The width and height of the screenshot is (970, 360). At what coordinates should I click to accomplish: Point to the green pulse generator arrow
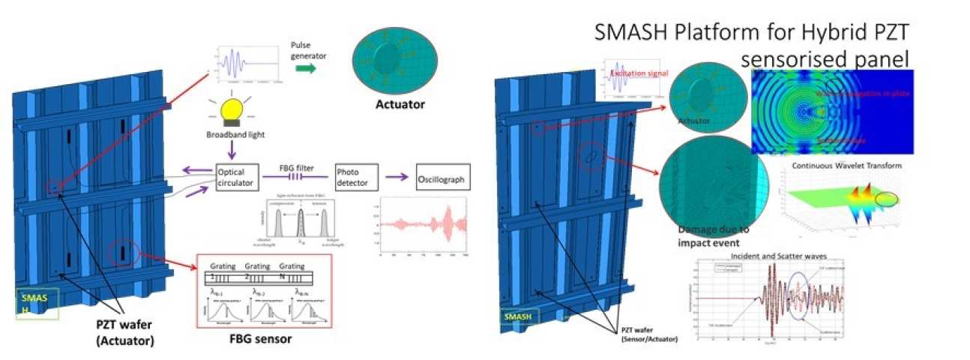(x=304, y=68)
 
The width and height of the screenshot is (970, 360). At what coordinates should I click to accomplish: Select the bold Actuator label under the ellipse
(x=400, y=104)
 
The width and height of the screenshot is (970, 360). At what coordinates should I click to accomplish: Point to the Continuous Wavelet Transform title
(x=840, y=166)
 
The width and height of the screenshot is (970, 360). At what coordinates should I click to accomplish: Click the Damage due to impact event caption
(x=708, y=235)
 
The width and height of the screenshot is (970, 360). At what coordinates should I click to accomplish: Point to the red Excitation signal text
(x=639, y=73)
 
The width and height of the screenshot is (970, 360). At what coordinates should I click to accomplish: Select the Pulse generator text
(x=307, y=49)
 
